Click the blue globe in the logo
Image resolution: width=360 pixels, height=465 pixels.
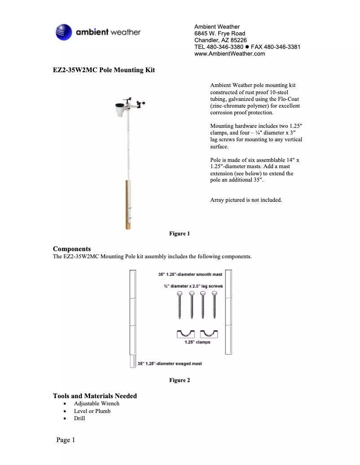[64, 32]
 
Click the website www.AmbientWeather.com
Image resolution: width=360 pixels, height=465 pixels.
[229, 54]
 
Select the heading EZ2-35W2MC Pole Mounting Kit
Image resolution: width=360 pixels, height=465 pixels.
[104, 70]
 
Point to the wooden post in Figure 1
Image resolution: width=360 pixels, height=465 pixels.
[128, 204]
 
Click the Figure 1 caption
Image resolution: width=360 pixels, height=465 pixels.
[180, 234]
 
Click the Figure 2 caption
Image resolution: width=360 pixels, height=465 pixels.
[180, 380]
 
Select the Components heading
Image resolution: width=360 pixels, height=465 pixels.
[72, 249]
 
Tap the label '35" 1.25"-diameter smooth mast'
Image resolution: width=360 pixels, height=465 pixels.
[190, 274]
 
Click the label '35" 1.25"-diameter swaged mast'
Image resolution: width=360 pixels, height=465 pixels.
[170, 364]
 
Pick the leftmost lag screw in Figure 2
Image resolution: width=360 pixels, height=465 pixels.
[180, 305]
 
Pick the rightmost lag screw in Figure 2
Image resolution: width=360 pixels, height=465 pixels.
[214, 305]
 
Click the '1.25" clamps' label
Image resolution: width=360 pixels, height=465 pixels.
[197, 342]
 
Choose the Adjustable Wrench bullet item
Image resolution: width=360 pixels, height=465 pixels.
[97, 404]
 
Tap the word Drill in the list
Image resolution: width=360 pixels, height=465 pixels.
[79, 418]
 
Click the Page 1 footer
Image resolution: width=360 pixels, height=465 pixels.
[66, 440]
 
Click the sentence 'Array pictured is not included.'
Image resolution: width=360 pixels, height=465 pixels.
[246, 200]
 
